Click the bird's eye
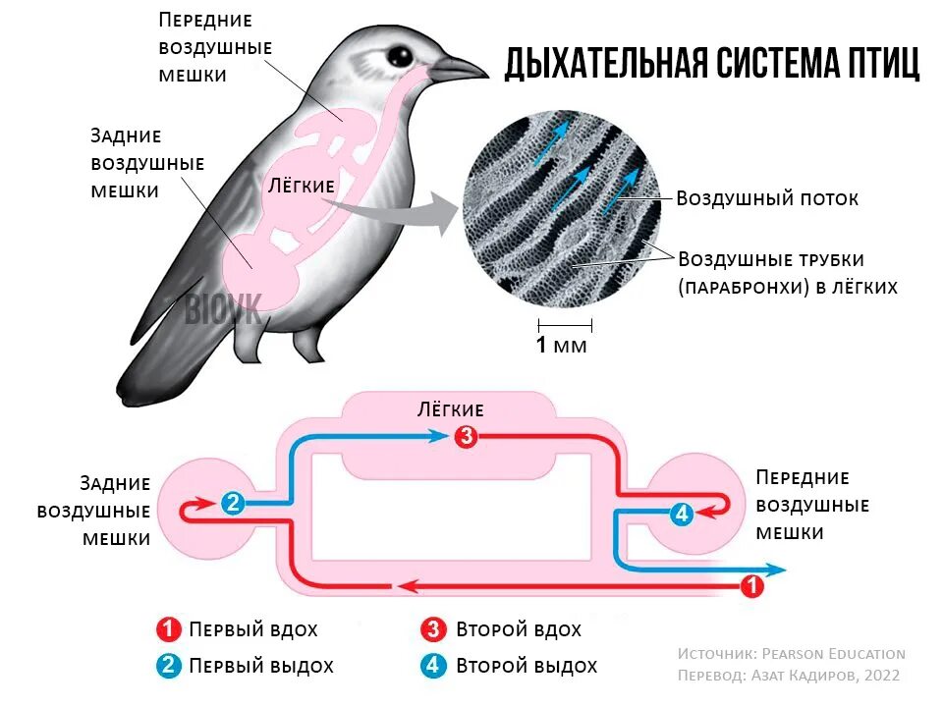click(x=399, y=55)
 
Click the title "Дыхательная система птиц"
click(x=712, y=63)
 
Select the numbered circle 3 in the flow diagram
click(x=467, y=436)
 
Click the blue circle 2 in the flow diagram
click(x=233, y=503)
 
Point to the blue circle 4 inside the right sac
click(x=682, y=513)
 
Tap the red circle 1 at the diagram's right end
click(x=751, y=586)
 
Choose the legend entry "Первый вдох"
click(x=253, y=629)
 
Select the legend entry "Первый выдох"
click(x=261, y=666)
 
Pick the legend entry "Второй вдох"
click(x=519, y=629)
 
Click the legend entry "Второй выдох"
click(x=527, y=666)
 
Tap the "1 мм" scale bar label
click(x=561, y=346)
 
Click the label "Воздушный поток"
click(x=767, y=198)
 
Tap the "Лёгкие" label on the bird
click(x=302, y=185)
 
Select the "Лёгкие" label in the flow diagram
click(x=451, y=409)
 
